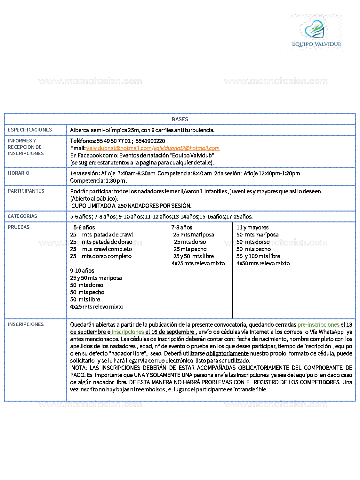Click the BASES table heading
(x=180, y=119)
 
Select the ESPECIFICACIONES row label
(x=30, y=130)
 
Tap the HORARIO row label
(x=19, y=173)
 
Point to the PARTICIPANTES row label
(x=26, y=191)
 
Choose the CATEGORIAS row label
(x=22, y=216)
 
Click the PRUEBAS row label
(x=19, y=227)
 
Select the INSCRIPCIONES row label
(x=26, y=324)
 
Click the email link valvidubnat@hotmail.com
(x=119, y=148)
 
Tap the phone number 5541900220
(x=150, y=141)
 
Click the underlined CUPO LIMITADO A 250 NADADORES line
(x=131, y=206)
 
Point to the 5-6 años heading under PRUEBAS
(x=84, y=228)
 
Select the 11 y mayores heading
(x=252, y=228)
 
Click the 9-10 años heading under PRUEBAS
(x=82, y=271)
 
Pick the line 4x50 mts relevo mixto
(x=263, y=263)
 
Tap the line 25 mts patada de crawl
(x=101, y=235)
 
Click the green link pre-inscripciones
(x=318, y=325)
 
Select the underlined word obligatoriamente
(x=227, y=354)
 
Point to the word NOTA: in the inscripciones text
(x=79, y=368)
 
